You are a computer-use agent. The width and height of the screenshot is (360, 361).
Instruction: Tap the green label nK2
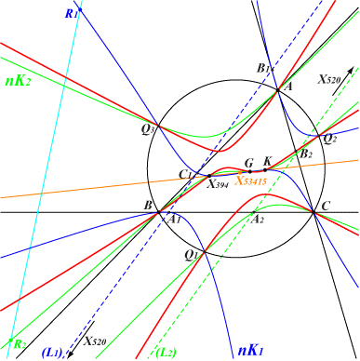tap(18, 80)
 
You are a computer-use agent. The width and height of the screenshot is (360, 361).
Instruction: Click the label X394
tap(220, 184)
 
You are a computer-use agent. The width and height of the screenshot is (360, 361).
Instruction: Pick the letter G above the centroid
tap(248, 163)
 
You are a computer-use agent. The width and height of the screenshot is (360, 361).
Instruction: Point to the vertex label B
tap(147, 204)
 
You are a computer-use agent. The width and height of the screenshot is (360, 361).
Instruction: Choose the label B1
tap(263, 69)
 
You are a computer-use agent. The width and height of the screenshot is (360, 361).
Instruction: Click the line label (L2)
tap(165, 352)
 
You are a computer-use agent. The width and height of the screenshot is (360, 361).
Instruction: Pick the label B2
tap(303, 154)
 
